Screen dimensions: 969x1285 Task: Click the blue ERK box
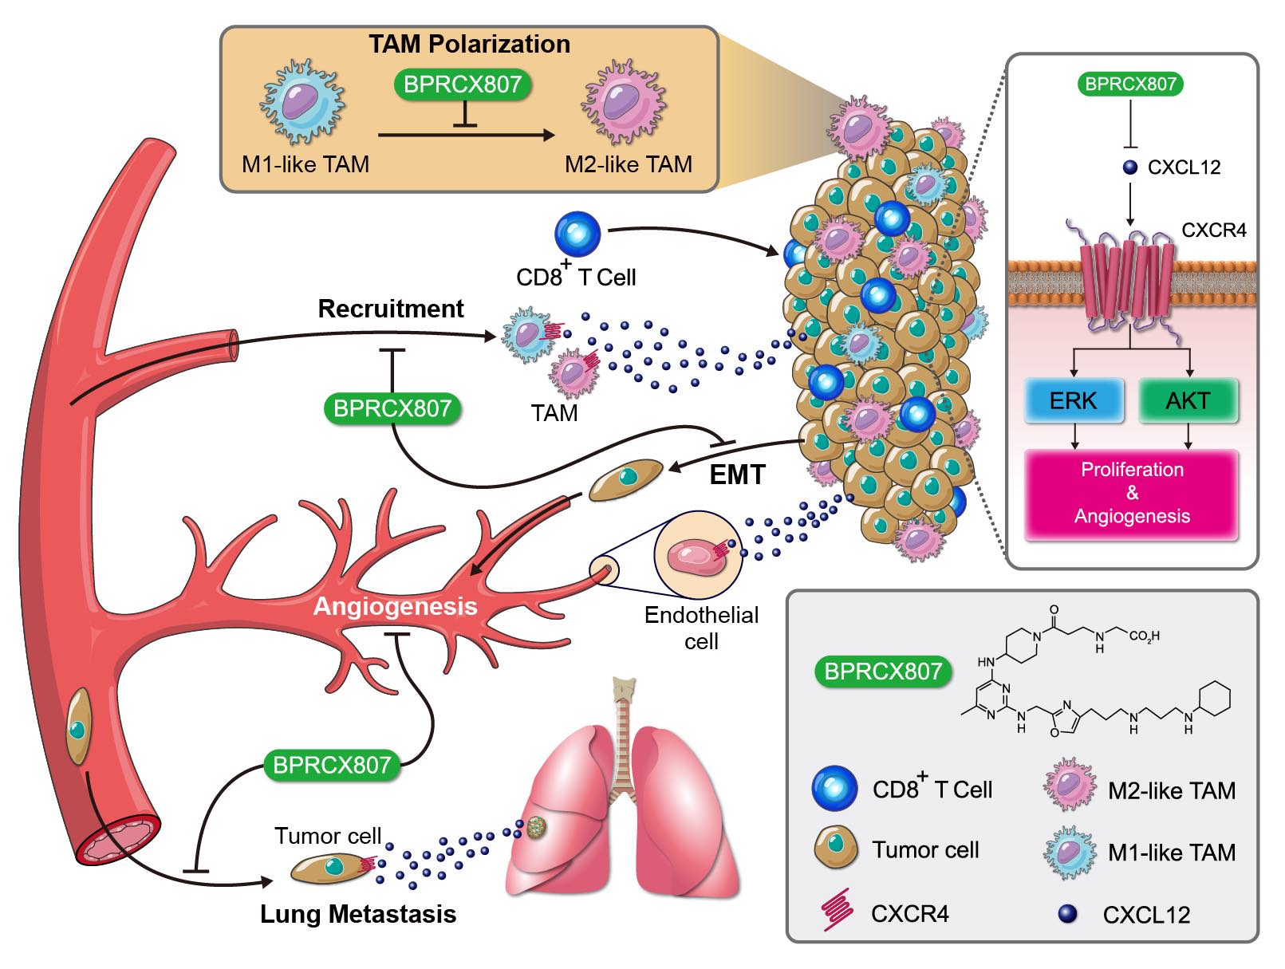1074,400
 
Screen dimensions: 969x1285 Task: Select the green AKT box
1188,400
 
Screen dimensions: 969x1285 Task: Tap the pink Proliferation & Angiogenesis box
1132,493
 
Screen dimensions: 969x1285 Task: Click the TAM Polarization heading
469,44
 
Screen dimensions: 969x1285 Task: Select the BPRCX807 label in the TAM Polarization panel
463,85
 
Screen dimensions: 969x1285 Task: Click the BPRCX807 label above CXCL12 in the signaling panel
1130,85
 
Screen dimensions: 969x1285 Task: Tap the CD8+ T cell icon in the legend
834,789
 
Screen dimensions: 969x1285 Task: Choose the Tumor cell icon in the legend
835,849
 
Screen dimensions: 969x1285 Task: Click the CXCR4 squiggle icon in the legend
835,912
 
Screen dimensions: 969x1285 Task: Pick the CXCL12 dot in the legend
1067,914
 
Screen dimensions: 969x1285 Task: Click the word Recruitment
391,309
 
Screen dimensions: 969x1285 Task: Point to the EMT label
737,475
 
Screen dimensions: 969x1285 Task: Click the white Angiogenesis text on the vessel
396,606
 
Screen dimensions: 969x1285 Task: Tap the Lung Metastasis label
358,914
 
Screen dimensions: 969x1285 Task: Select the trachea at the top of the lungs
625,718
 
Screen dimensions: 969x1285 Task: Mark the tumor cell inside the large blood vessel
77,727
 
